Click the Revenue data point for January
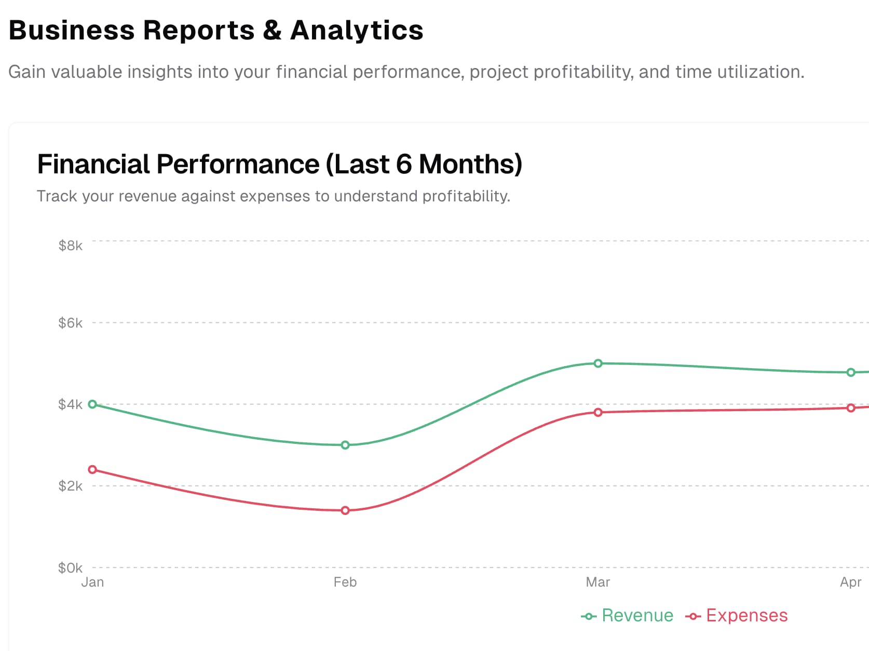pos(92,404)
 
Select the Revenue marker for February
pos(345,445)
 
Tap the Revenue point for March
pos(598,363)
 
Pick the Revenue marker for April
pos(851,372)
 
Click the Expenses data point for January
pos(92,470)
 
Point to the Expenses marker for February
pos(345,510)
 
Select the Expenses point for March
pos(598,412)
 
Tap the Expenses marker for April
pos(851,408)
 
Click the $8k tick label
pos(70,246)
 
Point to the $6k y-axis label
pos(70,323)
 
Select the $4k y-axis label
pos(70,404)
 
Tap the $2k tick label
pos(70,486)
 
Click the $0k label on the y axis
pos(70,568)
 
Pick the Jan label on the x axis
pos(92,582)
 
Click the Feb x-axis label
pos(345,582)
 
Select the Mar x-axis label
pos(598,582)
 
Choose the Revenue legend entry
pos(628,616)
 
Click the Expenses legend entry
pos(737,616)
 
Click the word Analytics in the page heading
pos(357,30)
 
